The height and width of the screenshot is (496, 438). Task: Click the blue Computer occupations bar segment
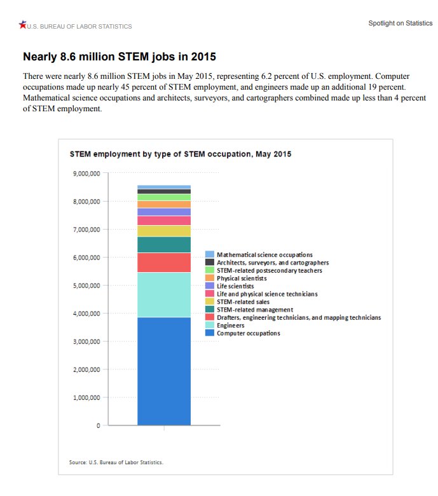click(164, 371)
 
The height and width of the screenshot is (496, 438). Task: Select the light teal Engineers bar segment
click(164, 295)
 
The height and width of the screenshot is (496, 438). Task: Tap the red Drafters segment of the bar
click(164, 263)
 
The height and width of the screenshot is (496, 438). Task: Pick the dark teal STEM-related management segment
click(164, 245)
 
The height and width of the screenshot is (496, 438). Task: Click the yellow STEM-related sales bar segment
click(164, 231)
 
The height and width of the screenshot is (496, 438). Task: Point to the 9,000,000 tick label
click(86, 174)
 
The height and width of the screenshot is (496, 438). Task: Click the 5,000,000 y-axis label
click(86, 286)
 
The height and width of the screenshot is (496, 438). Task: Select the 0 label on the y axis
click(98, 426)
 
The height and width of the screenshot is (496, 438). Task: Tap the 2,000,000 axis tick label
click(86, 369)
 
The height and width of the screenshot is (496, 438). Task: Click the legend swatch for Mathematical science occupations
click(210, 254)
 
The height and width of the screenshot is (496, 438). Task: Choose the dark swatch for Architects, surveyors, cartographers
click(210, 262)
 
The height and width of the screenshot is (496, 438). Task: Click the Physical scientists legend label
click(242, 279)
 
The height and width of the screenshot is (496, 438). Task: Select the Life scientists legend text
click(235, 286)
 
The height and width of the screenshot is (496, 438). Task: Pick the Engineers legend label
click(231, 326)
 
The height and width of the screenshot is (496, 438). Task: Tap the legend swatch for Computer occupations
click(210, 333)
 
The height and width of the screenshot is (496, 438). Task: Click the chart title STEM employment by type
click(181, 154)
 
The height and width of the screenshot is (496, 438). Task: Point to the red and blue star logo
click(22, 24)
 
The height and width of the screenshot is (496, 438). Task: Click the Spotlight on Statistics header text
click(400, 24)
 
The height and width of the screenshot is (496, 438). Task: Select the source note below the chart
click(116, 462)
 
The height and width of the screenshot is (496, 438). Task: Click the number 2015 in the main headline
click(203, 57)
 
